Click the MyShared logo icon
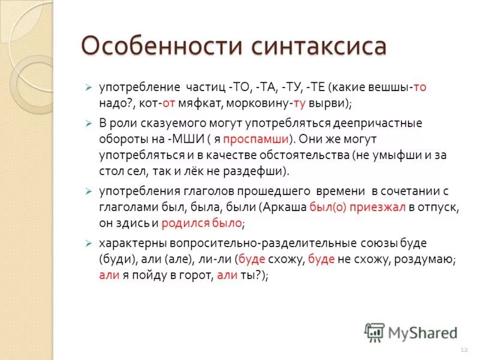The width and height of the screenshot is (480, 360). pos(374,332)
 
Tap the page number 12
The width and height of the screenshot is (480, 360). pos(463,349)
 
